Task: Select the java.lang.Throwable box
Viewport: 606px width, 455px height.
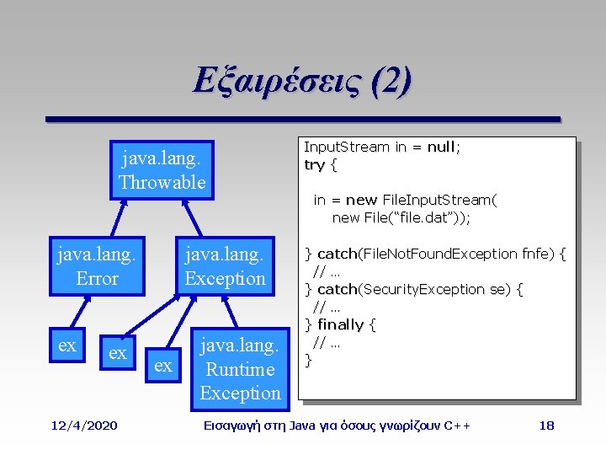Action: [162, 169]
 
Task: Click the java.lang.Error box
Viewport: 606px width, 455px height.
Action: [97, 265]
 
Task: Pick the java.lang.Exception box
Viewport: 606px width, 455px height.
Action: [225, 265]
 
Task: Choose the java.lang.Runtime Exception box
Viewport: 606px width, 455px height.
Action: [239, 368]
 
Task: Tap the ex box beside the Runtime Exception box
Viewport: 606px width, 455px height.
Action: [163, 365]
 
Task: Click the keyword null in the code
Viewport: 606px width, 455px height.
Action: [441, 147]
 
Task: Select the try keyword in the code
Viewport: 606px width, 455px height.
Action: [314, 164]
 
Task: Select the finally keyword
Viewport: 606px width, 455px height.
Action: [340, 324]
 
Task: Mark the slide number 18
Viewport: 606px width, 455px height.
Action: [546, 426]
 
